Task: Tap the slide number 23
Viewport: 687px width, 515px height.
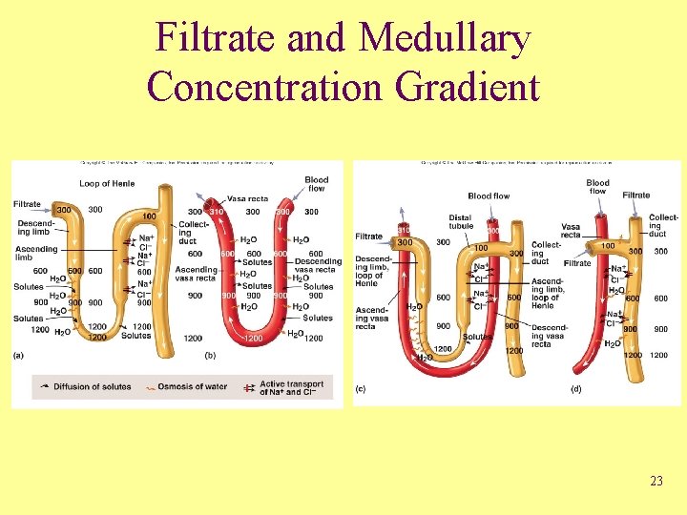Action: [656, 481]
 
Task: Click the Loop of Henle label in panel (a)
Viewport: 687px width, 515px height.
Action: [108, 183]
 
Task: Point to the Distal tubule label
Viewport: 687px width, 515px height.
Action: [460, 222]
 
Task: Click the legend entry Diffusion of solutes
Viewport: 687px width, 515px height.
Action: [88, 386]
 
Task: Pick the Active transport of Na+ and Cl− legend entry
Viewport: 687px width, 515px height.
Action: [293, 387]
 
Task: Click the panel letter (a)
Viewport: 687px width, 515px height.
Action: [19, 355]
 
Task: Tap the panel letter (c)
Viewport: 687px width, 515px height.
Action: [360, 388]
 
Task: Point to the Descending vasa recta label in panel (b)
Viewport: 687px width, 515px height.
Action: [318, 265]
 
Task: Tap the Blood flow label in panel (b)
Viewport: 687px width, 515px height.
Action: [317, 184]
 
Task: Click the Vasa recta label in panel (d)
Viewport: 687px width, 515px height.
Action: [571, 231]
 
